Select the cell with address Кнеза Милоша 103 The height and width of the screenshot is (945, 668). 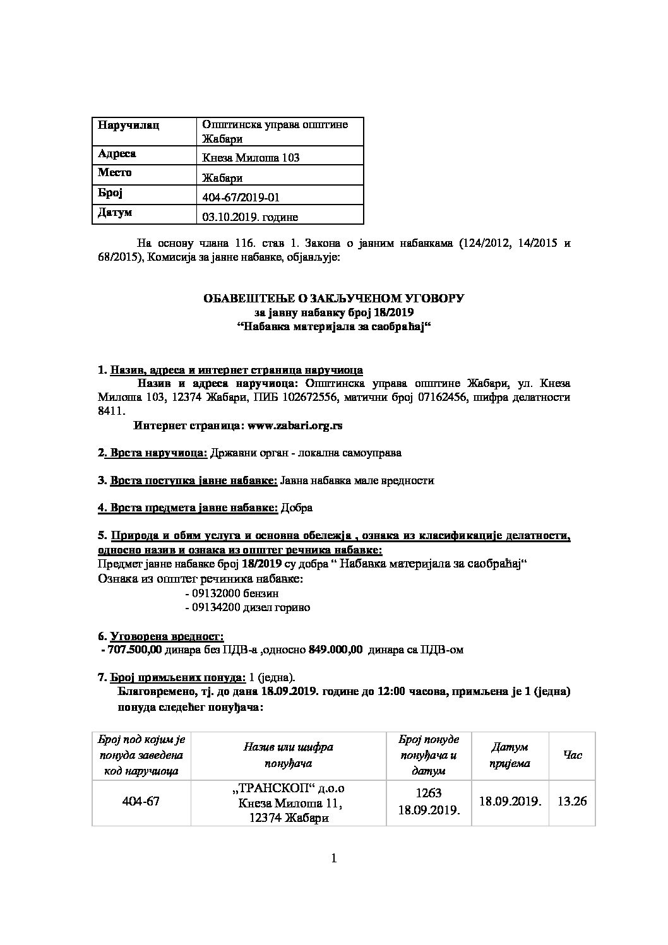(251, 158)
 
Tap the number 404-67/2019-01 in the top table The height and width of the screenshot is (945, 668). (241, 198)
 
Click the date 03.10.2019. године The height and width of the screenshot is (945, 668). (250, 217)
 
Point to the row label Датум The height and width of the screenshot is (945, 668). (115, 213)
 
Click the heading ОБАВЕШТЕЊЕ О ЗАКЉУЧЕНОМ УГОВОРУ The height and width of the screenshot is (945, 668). (333, 298)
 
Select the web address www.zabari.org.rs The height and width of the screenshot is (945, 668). (295, 425)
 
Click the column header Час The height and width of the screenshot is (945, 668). (572, 755)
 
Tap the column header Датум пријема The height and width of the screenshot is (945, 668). (510, 755)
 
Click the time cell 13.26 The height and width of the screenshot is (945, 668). (572, 801)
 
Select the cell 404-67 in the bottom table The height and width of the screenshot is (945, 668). (143, 802)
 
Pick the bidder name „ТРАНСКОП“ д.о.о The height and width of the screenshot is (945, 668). (290, 789)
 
